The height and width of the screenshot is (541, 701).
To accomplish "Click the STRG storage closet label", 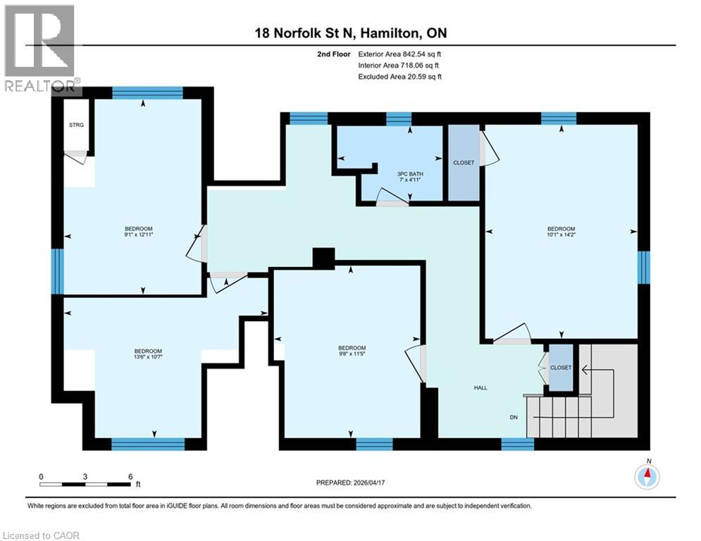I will click(x=76, y=125).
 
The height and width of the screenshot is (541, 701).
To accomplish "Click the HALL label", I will click(x=480, y=388).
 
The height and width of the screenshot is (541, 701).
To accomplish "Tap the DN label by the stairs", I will click(x=515, y=416).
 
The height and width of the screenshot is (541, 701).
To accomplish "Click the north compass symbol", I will click(x=647, y=476).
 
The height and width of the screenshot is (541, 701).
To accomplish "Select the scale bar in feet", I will click(x=86, y=484).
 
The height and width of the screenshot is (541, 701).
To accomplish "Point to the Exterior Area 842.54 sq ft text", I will click(x=399, y=54).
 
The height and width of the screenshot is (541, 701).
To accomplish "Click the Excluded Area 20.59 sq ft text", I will click(x=399, y=77).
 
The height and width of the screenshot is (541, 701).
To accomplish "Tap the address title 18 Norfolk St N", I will click(x=350, y=33).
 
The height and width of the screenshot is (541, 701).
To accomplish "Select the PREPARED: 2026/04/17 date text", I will click(x=350, y=483).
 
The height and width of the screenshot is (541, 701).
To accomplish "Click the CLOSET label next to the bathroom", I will click(x=464, y=163).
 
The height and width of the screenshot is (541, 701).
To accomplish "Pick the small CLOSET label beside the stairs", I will click(x=561, y=368).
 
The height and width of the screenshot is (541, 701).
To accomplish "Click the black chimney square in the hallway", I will click(x=323, y=259).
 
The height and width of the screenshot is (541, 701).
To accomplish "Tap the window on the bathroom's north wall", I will click(x=399, y=118).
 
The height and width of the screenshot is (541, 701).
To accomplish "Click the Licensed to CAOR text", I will click(x=41, y=535).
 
